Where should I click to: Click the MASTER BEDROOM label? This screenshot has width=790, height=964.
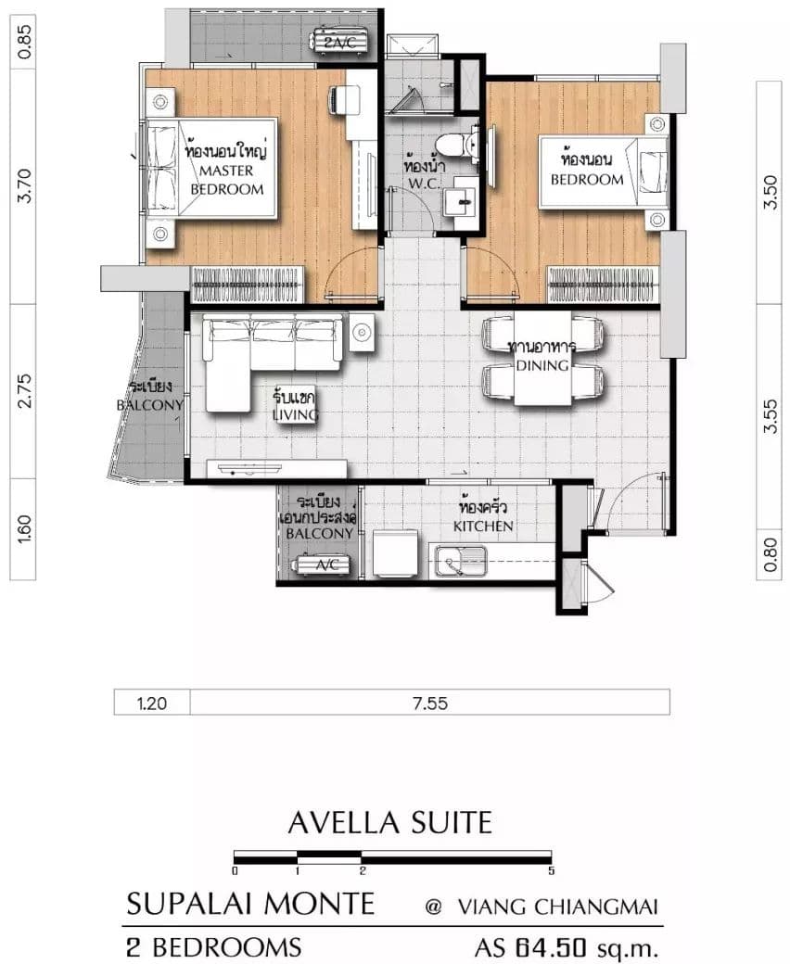coord(226,180)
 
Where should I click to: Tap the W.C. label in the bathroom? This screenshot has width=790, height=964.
coord(424,184)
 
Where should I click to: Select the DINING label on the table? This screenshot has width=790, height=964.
coord(542,365)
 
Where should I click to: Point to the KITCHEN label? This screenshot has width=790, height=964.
coord(483,526)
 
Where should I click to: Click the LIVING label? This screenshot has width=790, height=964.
coord(295,415)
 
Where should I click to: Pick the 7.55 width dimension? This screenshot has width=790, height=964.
coord(430,703)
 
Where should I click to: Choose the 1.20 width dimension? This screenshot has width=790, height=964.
coord(151,703)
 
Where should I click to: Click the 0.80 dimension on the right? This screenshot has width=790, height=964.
coord(770,554)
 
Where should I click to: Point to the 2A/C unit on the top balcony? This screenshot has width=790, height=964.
coord(340,41)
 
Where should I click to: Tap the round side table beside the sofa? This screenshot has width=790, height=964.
coord(363,333)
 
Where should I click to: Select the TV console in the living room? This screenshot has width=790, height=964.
coord(276,469)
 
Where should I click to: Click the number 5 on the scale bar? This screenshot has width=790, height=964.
coord(552,870)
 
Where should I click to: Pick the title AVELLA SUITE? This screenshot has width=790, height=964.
coord(390,822)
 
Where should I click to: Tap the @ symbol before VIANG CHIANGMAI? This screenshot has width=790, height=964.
coord(433,907)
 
